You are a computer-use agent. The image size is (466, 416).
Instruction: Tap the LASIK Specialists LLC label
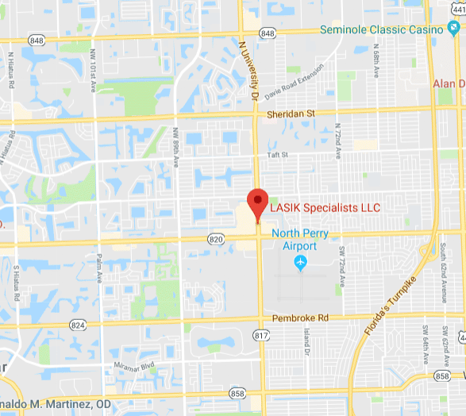(x=325, y=208)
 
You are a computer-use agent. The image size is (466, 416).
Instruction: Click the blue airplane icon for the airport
(x=300, y=263)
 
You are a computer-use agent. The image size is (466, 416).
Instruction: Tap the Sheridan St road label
(x=291, y=114)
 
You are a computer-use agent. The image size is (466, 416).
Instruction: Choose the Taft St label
(x=277, y=155)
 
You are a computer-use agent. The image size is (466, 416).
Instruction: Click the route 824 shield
(x=77, y=325)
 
